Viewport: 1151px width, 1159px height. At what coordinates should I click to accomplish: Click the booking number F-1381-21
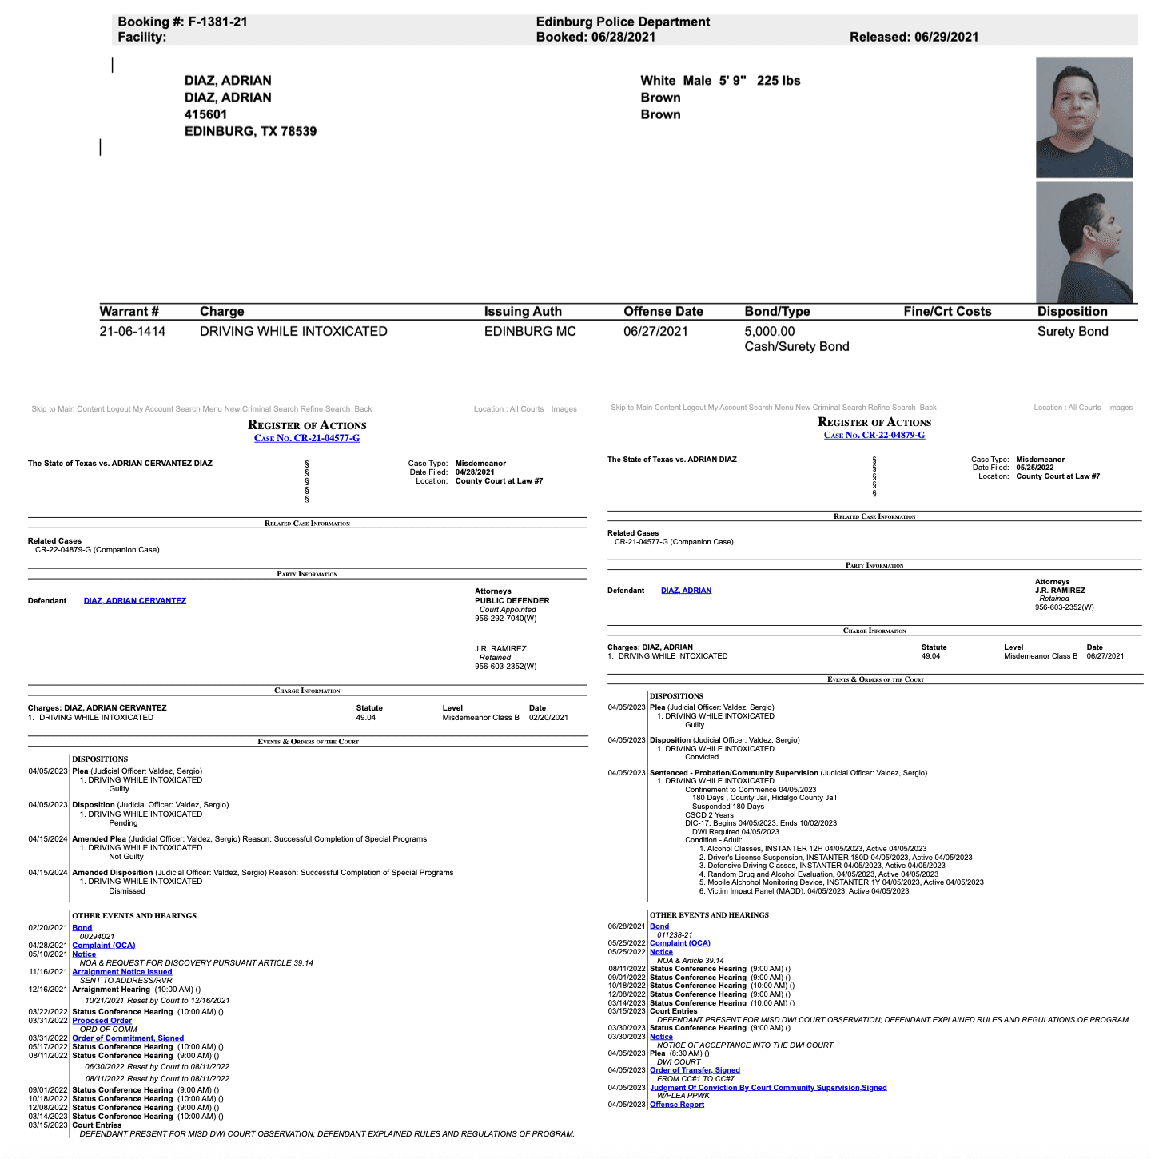tap(217, 22)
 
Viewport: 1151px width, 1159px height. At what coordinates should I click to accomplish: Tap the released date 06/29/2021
tap(946, 37)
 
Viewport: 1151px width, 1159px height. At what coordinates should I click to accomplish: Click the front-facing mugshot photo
tap(1084, 117)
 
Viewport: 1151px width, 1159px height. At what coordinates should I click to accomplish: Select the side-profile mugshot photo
tap(1084, 242)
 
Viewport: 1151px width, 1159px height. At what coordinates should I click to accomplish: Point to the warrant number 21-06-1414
tap(133, 331)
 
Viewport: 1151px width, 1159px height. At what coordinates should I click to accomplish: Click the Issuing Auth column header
tap(523, 312)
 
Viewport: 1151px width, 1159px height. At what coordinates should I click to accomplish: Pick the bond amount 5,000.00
tap(770, 331)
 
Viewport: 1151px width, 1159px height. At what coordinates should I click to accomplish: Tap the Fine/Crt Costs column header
tap(947, 312)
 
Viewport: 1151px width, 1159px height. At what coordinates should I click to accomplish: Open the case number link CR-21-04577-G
tap(307, 438)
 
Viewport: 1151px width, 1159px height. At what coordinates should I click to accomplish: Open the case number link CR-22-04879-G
tap(874, 435)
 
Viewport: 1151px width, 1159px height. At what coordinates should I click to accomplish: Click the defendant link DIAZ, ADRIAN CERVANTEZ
tap(135, 601)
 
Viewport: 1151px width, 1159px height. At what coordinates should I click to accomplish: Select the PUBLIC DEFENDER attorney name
tap(512, 601)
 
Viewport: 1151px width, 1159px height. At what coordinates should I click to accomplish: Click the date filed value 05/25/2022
tap(1035, 468)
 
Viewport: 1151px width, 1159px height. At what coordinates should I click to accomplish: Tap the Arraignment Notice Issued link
tap(122, 972)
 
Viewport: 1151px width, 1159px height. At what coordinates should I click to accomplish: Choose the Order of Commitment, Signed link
tap(128, 1038)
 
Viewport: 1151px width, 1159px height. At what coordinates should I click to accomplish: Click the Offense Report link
tap(677, 1105)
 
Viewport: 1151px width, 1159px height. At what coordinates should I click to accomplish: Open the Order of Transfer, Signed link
tap(695, 1070)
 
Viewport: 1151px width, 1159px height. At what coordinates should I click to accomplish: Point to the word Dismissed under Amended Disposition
tap(127, 890)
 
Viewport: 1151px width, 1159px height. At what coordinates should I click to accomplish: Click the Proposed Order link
tap(102, 1021)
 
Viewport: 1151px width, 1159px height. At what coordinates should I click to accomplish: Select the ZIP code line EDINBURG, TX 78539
tap(250, 132)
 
